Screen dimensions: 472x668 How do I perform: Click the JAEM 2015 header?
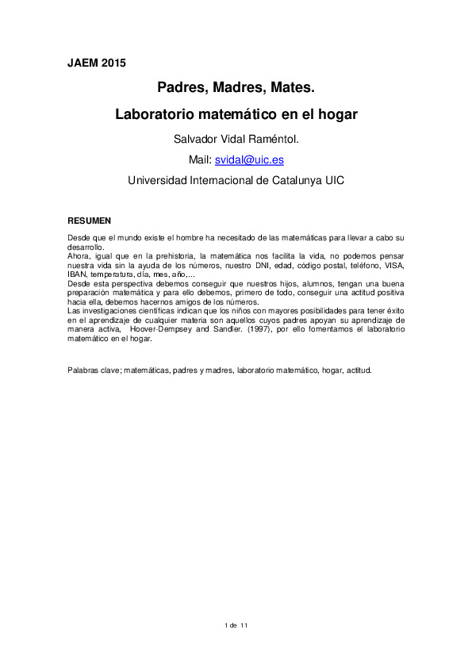[x=96, y=63]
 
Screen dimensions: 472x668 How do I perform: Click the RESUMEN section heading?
[x=89, y=220]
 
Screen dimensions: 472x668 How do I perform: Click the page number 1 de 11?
[x=236, y=626]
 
